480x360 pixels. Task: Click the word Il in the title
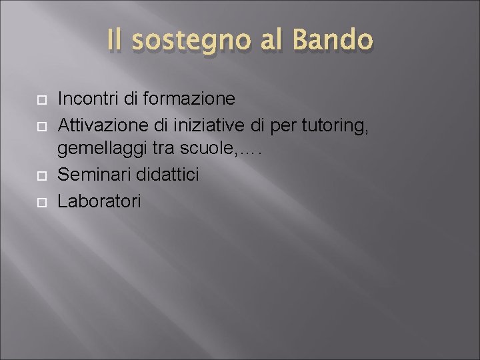tap(115, 41)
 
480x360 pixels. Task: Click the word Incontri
tap(88, 99)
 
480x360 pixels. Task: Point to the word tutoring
tap(335, 125)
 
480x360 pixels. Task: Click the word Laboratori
tap(99, 201)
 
